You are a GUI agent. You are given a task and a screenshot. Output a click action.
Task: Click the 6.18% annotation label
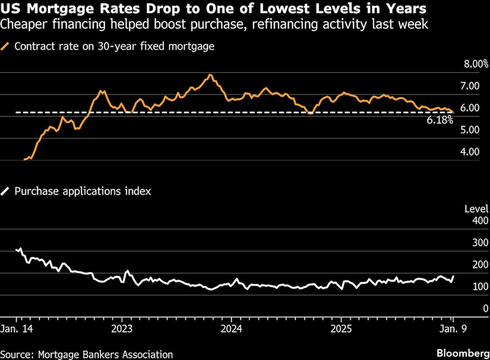coord(440,120)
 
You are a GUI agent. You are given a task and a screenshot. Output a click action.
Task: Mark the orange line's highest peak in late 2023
coord(210,75)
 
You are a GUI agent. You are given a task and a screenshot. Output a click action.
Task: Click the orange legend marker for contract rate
coord(6,47)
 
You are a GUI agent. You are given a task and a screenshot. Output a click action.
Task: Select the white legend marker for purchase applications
coord(6,191)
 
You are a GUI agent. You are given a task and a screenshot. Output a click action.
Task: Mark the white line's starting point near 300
coord(17,250)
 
